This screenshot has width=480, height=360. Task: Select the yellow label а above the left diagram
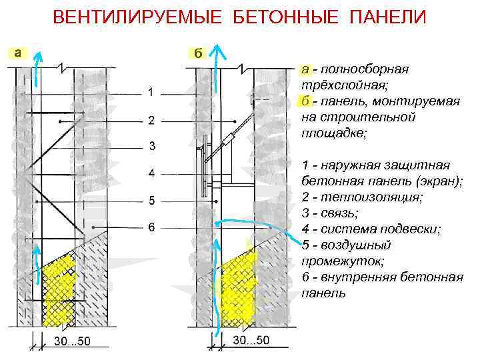click(x=17, y=53)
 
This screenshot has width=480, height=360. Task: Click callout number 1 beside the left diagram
click(x=151, y=91)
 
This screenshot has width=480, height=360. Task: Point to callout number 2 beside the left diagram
click(x=151, y=120)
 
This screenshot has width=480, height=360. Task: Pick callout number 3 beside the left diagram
click(x=151, y=146)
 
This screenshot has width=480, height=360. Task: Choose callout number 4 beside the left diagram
click(x=151, y=173)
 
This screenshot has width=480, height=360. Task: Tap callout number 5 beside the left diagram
click(x=151, y=200)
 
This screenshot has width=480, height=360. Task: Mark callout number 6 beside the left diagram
click(x=151, y=227)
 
